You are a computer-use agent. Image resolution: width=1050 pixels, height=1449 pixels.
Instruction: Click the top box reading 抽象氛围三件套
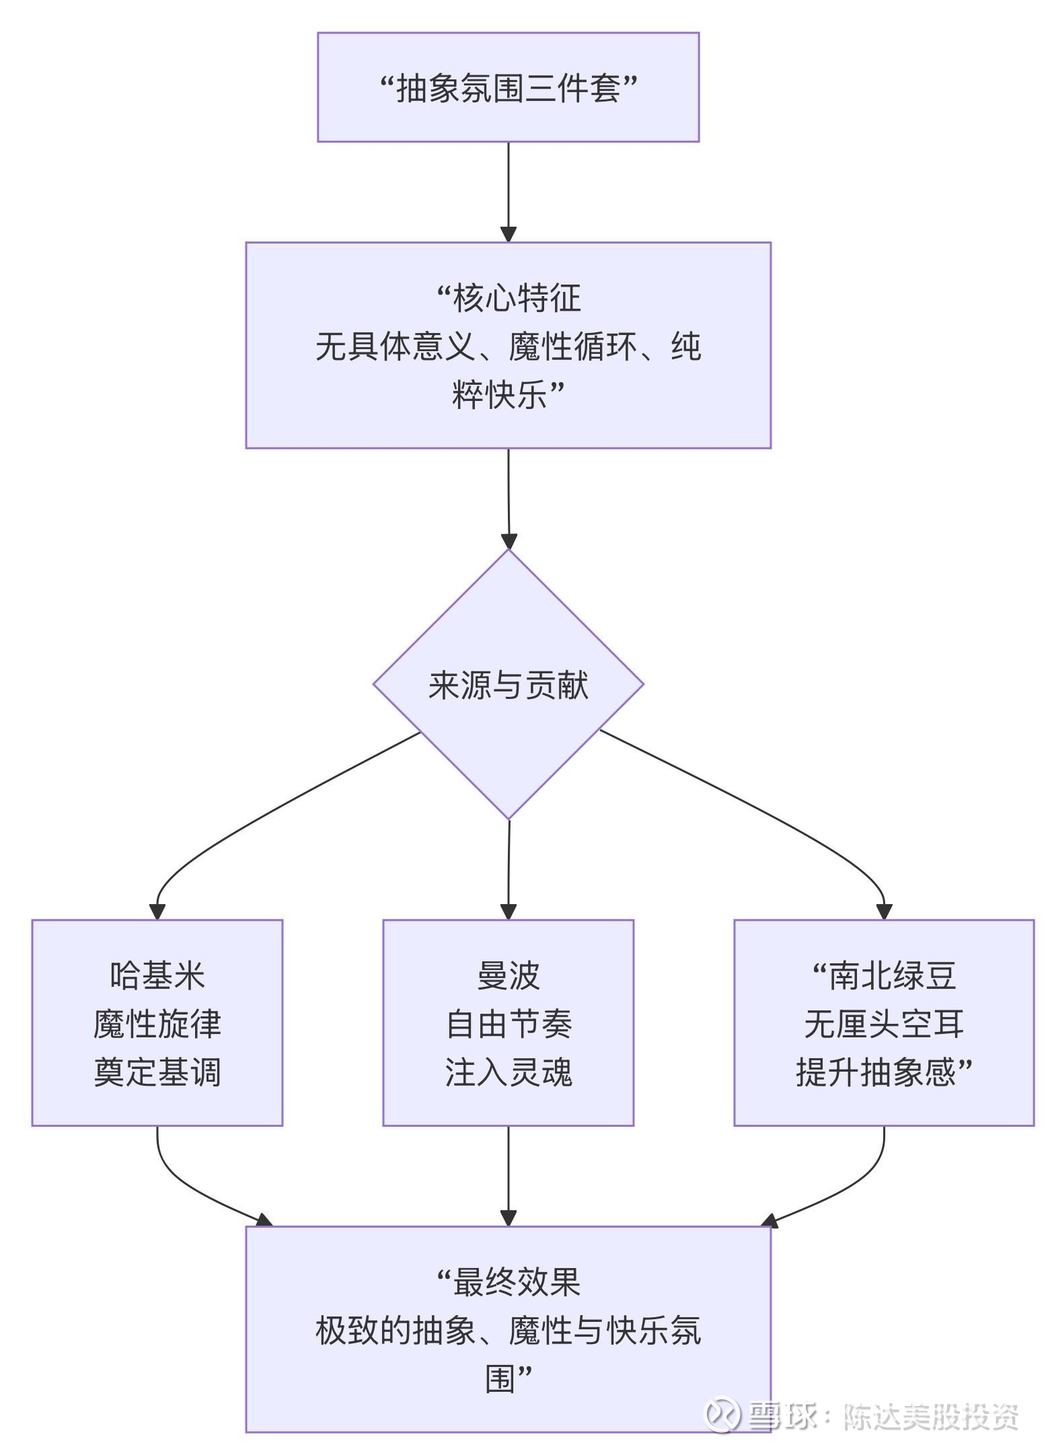[508, 87]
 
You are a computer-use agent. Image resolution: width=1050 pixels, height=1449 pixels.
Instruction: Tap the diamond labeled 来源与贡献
[508, 685]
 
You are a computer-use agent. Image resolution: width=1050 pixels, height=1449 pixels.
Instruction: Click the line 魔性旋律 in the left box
[157, 1024]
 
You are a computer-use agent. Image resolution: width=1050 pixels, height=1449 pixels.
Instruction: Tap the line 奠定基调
[157, 1072]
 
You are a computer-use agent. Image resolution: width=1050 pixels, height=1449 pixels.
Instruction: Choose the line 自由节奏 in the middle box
[508, 1024]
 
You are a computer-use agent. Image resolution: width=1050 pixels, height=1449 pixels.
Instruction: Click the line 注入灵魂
[508, 1072]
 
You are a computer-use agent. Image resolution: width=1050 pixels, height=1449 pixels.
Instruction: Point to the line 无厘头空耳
[884, 1024]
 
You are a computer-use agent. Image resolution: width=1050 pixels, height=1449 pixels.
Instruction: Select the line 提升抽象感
[876, 1072]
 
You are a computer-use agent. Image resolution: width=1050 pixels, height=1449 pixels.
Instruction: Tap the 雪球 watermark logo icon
[721, 1415]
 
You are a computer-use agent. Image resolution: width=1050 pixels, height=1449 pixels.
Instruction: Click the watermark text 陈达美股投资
[931, 1417]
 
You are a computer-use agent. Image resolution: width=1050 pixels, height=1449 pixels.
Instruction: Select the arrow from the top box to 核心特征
[508, 192]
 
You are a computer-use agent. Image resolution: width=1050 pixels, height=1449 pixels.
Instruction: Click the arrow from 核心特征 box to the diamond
[508, 498]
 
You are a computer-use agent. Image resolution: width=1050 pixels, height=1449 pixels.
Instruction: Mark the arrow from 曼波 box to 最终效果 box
[508, 1174]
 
